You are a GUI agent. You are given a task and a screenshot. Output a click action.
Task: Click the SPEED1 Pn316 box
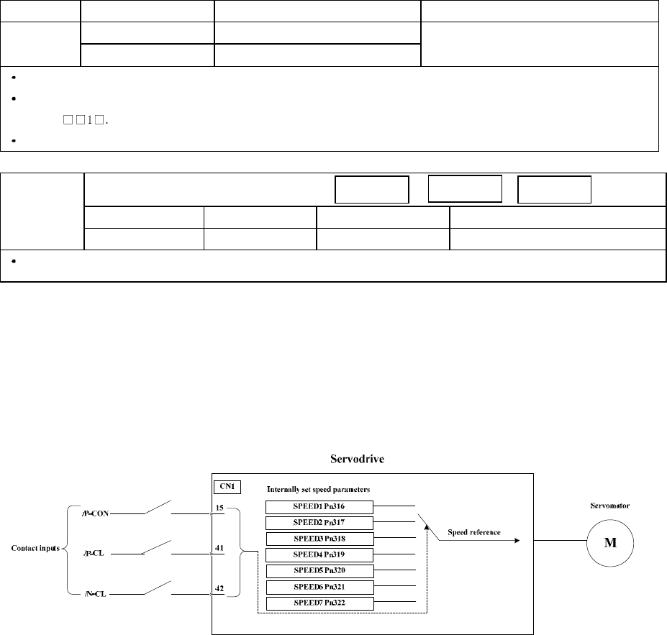pos(319,507)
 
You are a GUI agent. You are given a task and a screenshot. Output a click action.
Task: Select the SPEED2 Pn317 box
pos(319,523)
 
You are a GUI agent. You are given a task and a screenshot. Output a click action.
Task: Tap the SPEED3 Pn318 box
pos(319,539)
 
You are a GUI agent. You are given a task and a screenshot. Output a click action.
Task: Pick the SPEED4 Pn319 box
pos(319,554)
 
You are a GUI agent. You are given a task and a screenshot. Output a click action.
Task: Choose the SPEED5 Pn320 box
pos(319,571)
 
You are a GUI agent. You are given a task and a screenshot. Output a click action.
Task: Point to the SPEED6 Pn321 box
pos(319,587)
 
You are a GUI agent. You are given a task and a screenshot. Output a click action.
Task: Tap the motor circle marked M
pos(609,542)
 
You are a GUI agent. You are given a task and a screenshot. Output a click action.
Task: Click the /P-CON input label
pos(96,514)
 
